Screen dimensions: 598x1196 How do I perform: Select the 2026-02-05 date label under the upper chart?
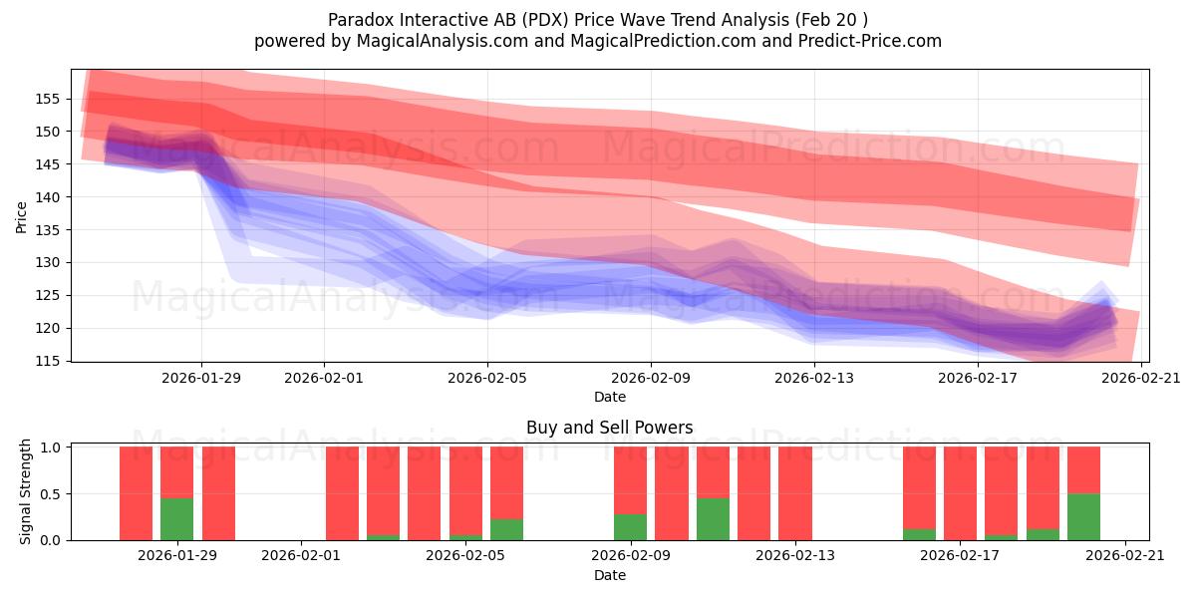487,378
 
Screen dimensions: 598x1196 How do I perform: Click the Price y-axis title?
21,215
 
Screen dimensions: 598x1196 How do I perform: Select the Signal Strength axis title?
26,491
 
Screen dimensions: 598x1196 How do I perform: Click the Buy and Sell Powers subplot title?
609,428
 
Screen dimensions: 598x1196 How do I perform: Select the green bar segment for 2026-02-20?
1083,516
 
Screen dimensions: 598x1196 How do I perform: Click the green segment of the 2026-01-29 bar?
176,519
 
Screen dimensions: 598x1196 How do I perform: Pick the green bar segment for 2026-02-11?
713,519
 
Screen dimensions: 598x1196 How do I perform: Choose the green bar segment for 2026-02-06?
506,529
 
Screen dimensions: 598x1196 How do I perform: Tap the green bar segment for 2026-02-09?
630,527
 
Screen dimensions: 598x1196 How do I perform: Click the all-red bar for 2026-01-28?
136,493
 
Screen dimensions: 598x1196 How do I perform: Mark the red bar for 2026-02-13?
795,493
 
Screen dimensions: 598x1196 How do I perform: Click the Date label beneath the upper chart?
609,397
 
